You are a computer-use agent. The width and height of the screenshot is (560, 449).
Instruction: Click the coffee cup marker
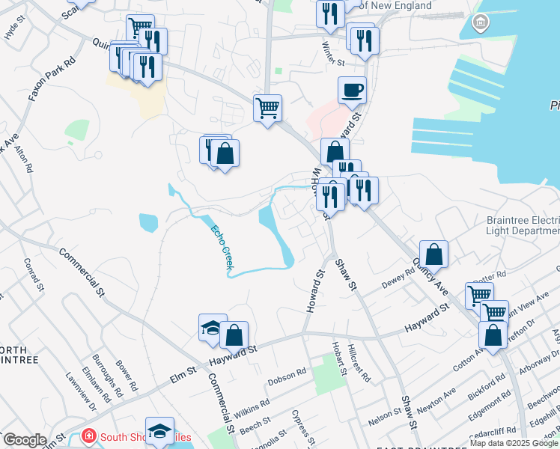[352, 91]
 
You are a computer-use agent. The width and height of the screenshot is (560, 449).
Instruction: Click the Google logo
[24, 440]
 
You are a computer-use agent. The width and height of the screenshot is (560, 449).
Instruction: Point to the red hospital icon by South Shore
[89, 436]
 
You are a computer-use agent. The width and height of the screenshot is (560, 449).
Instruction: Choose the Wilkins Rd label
[252, 410]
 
